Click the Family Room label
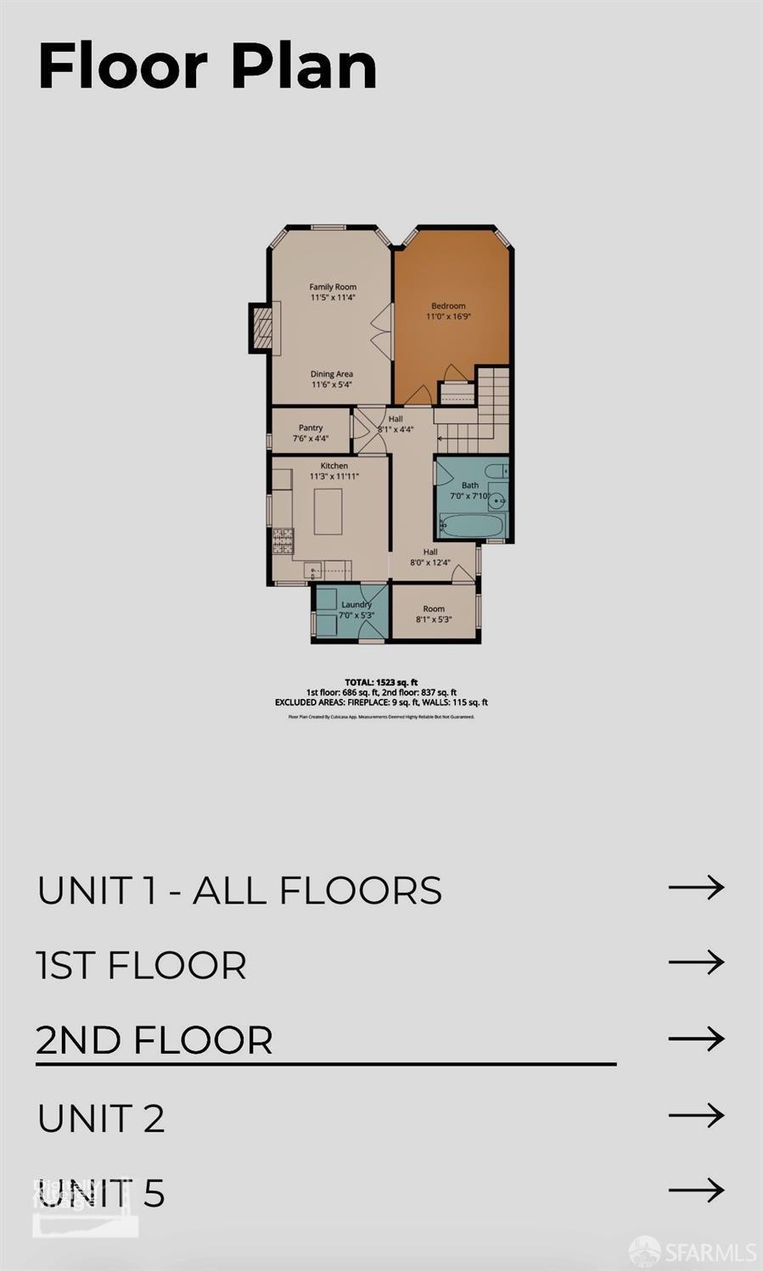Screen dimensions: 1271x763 click(x=333, y=287)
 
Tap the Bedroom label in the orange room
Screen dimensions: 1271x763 click(x=448, y=305)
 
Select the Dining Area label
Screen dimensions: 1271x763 click(x=331, y=373)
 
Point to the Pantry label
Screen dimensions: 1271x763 click(x=311, y=428)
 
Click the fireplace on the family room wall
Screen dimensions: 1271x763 click(x=263, y=327)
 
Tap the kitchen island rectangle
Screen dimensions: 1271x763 click(x=328, y=512)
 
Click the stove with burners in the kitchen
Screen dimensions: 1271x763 click(x=283, y=540)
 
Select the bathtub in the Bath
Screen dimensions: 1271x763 click(x=473, y=525)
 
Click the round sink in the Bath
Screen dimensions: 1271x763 click(x=497, y=501)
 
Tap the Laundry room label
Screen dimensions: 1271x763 click(x=356, y=604)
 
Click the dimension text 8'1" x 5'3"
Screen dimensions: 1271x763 click(x=434, y=619)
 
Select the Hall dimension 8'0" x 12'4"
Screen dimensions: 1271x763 click(x=430, y=563)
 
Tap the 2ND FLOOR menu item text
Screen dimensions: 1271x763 click(x=154, y=1040)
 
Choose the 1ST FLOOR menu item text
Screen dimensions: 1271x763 click(x=142, y=966)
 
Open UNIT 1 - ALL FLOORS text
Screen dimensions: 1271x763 click(x=239, y=890)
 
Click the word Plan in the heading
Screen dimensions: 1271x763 click(x=305, y=66)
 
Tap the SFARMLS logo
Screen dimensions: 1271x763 click(x=693, y=1251)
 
